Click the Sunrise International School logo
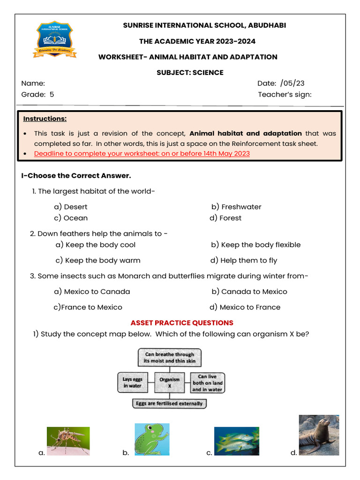click(55, 39)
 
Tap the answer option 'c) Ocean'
click(71, 218)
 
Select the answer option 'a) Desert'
click(71, 207)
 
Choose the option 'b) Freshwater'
click(236, 207)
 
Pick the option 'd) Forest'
click(225, 218)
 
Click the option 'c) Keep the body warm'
click(97, 260)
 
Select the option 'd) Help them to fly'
click(244, 260)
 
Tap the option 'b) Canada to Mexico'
click(249, 292)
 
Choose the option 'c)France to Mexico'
click(88, 307)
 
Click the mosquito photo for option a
click(68, 441)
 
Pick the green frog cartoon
click(152, 439)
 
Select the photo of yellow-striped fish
click(236, 441)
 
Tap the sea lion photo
click(319, 435)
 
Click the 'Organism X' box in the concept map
click(170, 382)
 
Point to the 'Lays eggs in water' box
click(133, 382)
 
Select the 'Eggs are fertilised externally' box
click(169, 403)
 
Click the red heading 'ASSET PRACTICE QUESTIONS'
click(182, 323)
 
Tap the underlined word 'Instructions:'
click(45, 119)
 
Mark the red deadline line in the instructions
click(142, 153)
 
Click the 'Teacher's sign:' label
click(285, 95)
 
